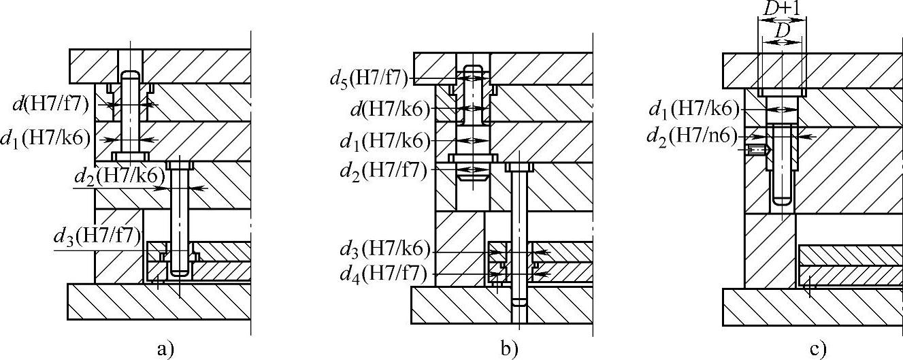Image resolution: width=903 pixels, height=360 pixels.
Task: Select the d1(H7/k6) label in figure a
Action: click(x=46, y=139)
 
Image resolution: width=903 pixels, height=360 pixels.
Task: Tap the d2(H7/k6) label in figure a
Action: click(x=120, y=176)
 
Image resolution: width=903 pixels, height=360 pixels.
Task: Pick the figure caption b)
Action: click(x=508, y=350)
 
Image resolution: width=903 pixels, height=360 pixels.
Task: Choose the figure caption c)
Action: click(x=817, y=350)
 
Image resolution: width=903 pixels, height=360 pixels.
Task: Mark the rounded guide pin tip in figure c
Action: click(x=783, y=200)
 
